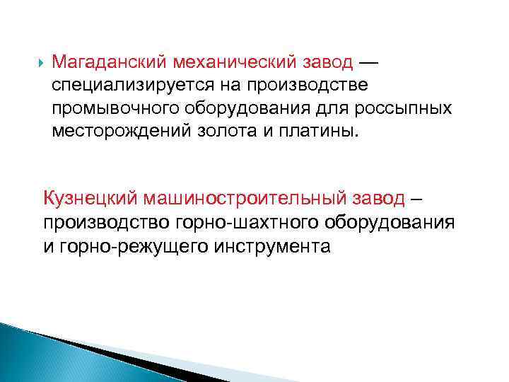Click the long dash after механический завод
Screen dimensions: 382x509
(368, 62)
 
